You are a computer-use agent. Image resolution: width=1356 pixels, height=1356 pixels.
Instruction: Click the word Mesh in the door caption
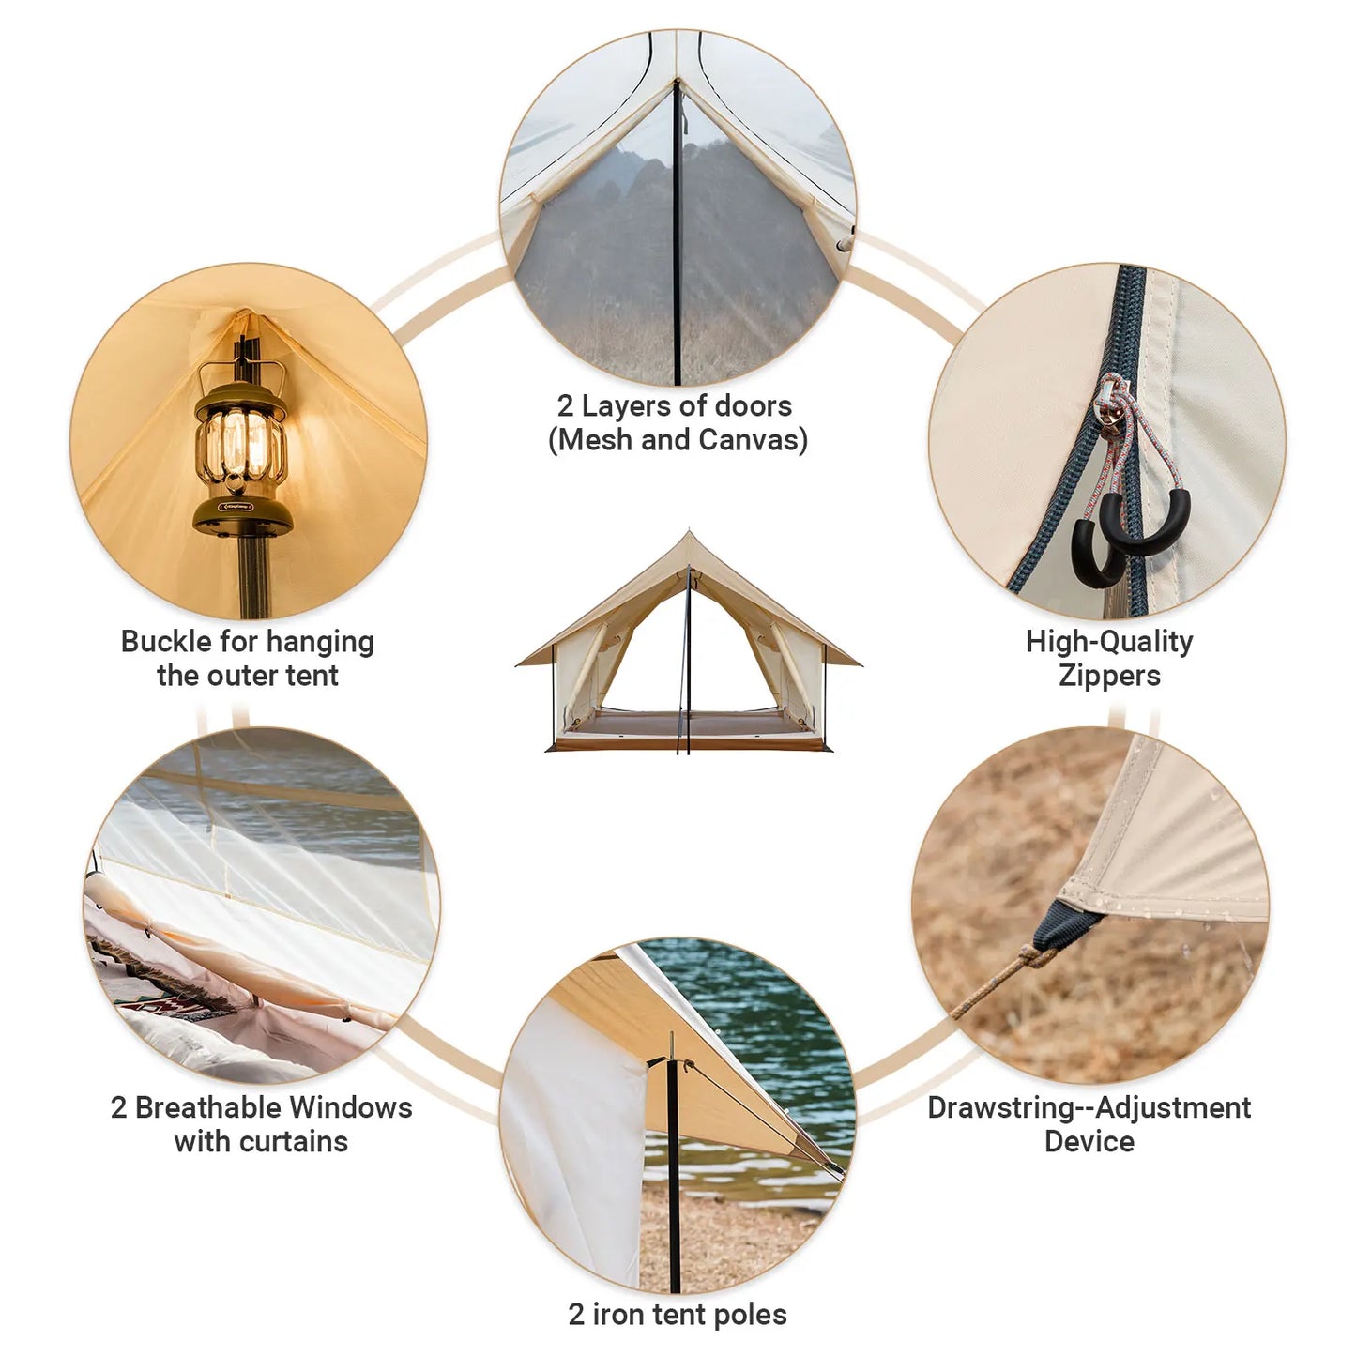(591, 440)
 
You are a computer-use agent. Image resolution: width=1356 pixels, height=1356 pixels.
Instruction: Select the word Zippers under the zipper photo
(1109, 676)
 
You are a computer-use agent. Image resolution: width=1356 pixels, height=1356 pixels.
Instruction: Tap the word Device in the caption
(1089, 1142)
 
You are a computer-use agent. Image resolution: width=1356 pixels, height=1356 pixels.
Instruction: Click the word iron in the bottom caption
(619, 1315)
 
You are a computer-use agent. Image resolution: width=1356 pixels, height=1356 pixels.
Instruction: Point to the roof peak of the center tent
(689, 535)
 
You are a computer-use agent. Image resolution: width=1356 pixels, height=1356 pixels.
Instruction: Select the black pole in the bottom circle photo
(673, 1173)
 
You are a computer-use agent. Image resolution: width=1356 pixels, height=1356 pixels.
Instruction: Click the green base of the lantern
(241, 515)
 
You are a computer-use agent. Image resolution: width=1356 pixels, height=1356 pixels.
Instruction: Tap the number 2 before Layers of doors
(565, 406)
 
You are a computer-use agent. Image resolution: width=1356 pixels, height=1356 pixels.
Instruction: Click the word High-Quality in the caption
(1109, 642)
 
